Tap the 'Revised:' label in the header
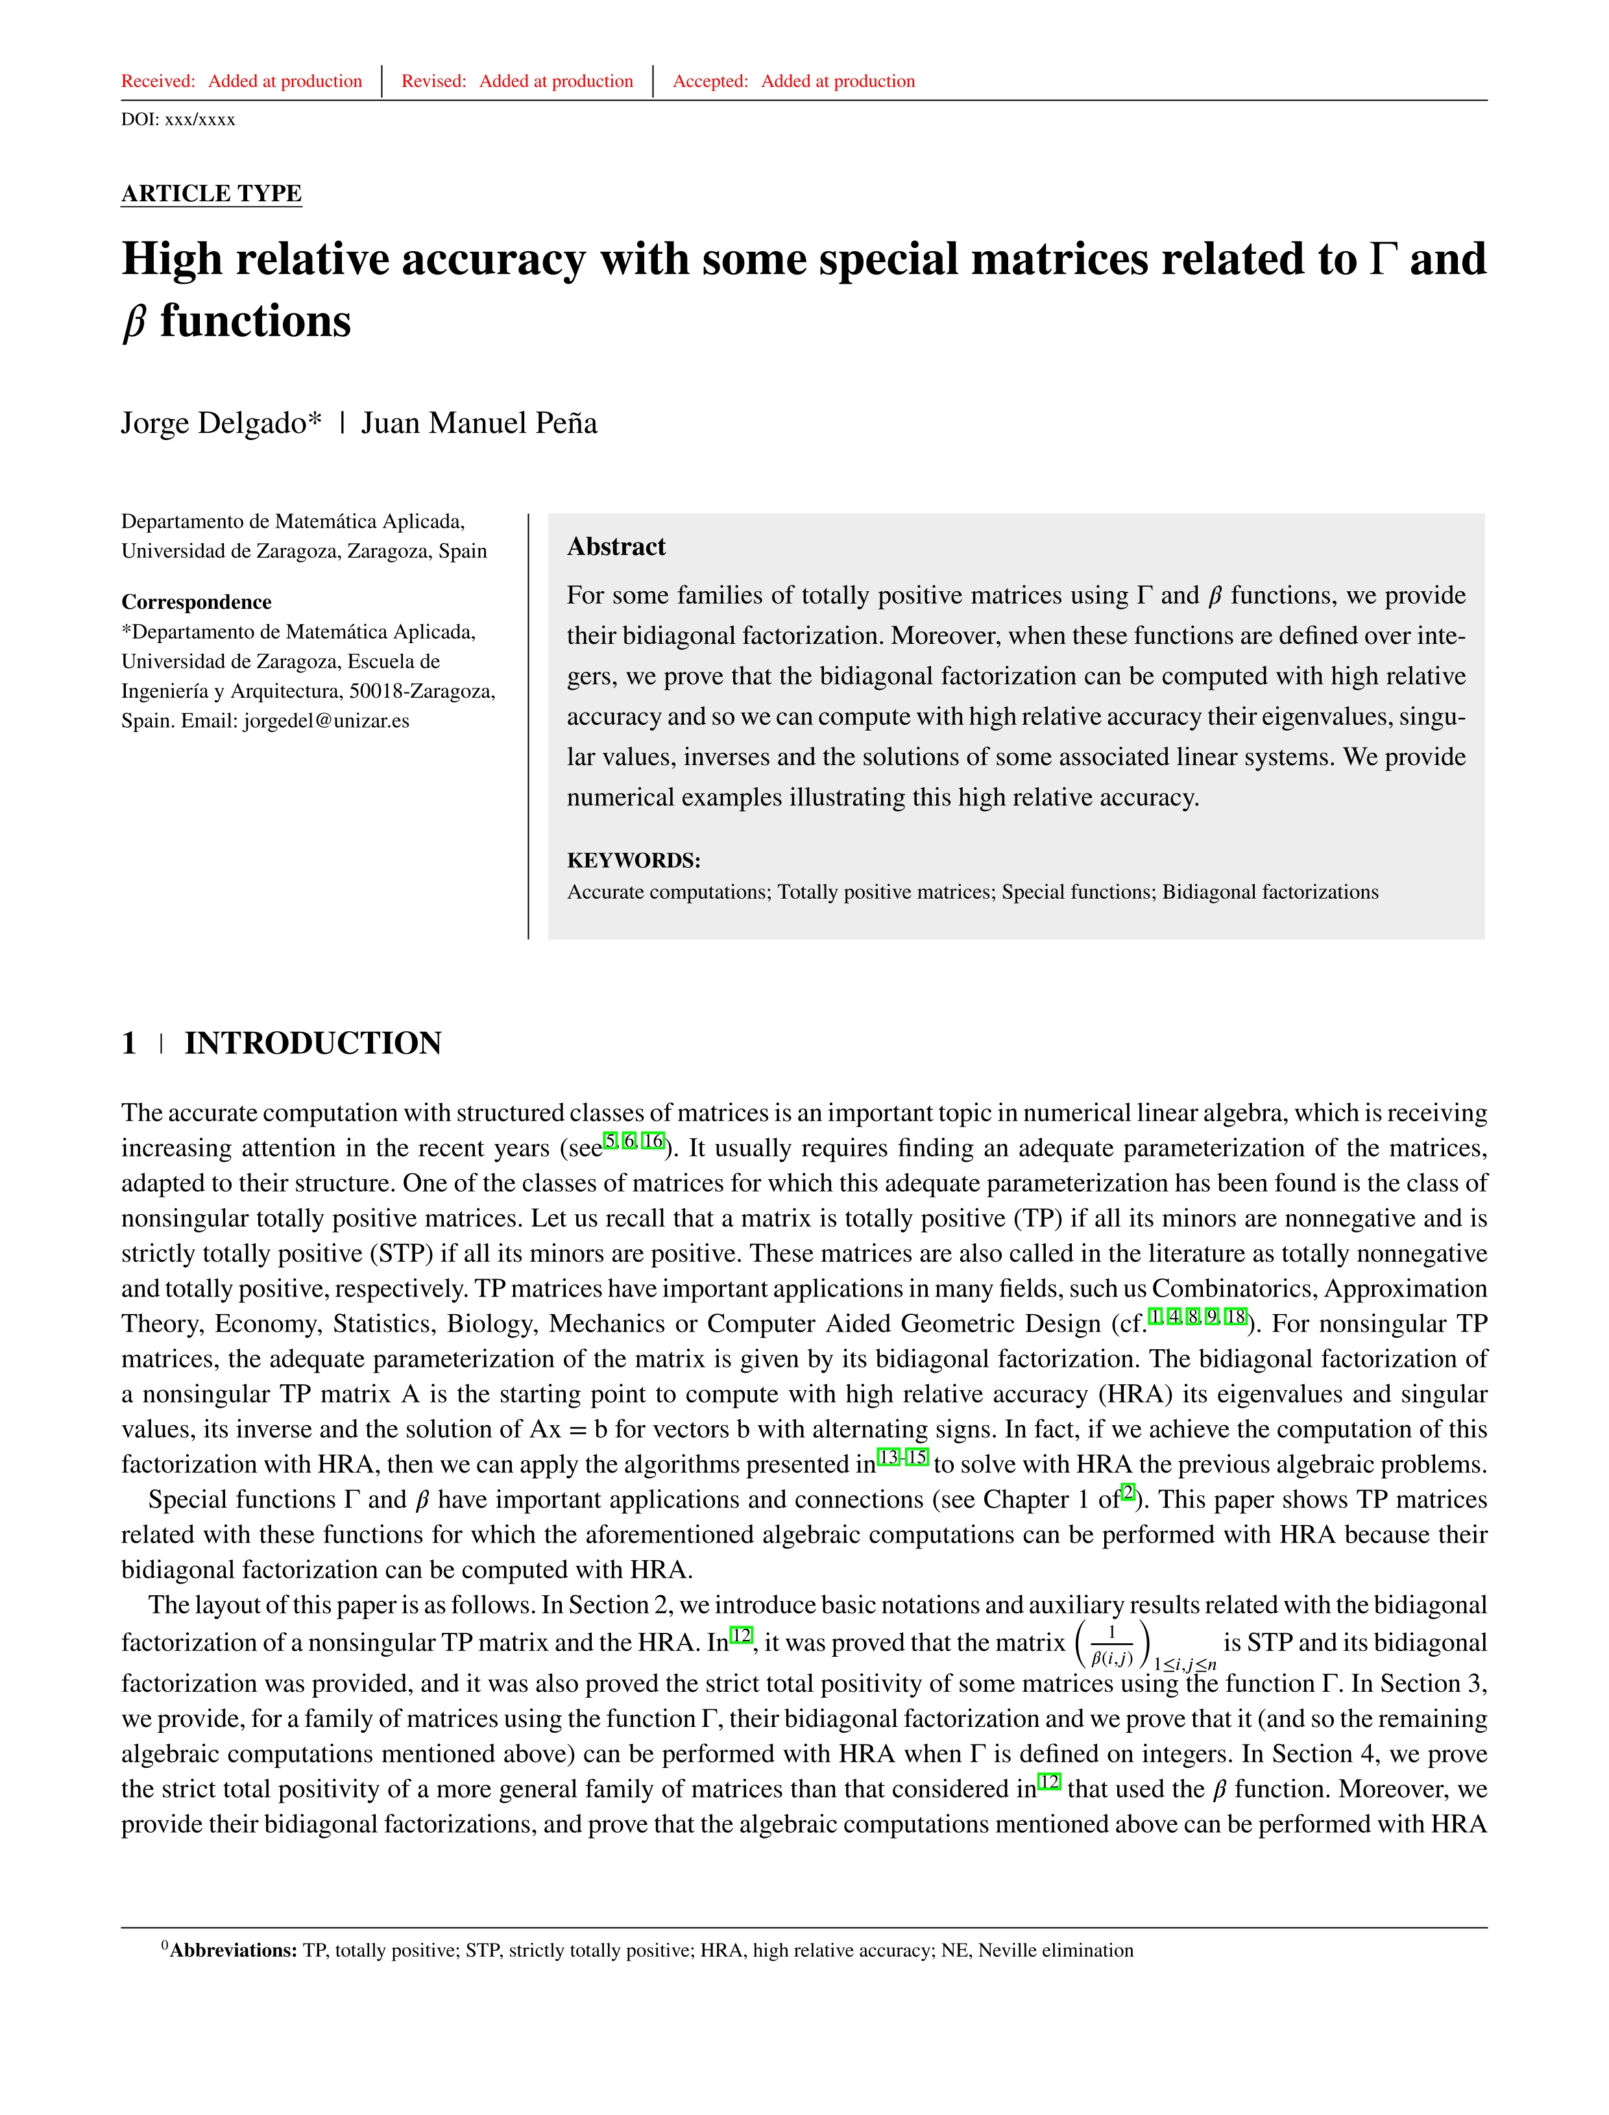[433, 81]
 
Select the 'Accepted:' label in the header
[710, 81]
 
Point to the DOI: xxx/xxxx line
[178, 119]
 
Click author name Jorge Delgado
[221, 423]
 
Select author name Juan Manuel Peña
[479, 423]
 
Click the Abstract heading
[616, 547]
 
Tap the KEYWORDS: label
[633, 860]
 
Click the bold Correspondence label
[197, 602]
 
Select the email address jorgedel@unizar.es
[326, 721]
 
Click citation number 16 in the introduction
[653, 1141]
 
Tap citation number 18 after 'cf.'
[1235, 1316]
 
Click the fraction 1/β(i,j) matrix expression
[1112, 1644]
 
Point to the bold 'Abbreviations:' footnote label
[233, 1951]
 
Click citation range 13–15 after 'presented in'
[902, 1457]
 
